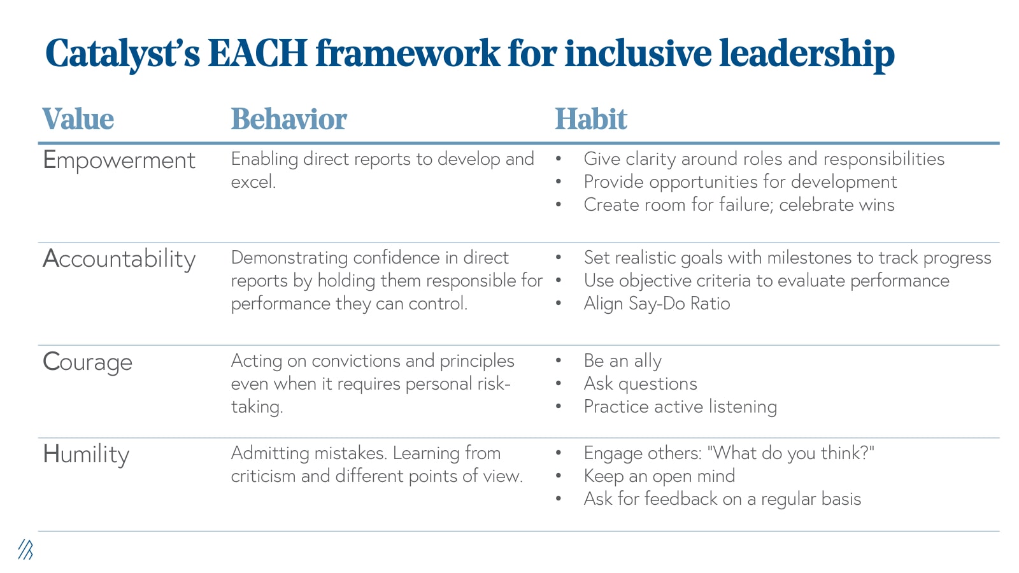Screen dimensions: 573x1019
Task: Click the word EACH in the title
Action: (x=258, y=53)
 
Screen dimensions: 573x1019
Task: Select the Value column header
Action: (x=78, y=119)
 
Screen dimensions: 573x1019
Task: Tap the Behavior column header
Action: (x=289, y=119)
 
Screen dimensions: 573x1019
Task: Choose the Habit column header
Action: (x=591, y=119)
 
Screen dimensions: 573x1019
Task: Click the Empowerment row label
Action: (x=119, y=160)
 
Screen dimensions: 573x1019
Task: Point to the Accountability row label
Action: (x=119, y=259)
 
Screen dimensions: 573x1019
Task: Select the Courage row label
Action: (x=87, y=362)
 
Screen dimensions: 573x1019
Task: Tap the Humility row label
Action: (x=86, y=455)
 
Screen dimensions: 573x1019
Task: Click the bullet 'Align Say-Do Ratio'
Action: (x=657, y=304)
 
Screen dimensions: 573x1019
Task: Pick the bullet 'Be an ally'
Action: (x=622, y=361)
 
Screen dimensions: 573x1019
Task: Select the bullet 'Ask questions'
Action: (x=640, y=384)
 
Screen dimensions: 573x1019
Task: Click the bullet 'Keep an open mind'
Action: (x=659, y=476)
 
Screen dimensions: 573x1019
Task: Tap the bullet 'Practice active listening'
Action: (x=680, y=407)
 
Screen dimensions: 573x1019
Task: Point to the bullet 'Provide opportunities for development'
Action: (x=740, y=182)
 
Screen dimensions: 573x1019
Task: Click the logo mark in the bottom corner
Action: (x=25, y=549)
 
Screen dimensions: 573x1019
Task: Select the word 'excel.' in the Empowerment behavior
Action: (x=253, y=182)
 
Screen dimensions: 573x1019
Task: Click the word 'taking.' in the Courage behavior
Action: (x=257, y=407)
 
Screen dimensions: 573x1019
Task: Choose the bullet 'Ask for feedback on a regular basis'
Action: (x=722, y=499)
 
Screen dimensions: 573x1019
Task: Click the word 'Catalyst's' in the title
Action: (x=122, y=53)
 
